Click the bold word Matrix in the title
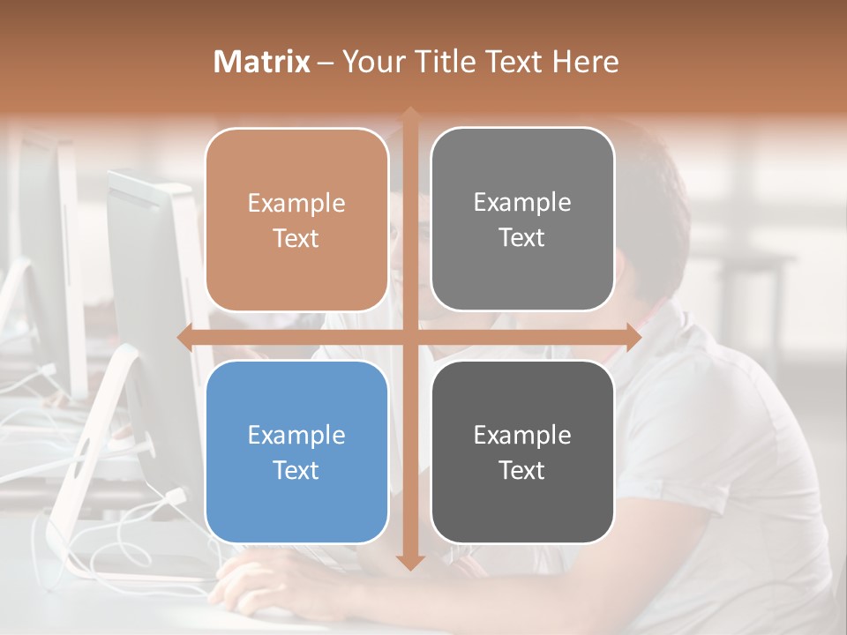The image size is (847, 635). tap(262, 62)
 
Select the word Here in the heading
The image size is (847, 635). tap(586, 62)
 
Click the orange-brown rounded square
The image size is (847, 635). tap(296, 220)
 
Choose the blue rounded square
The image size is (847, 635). tap(296, 452)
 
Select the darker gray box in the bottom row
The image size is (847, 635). tap(522, 452)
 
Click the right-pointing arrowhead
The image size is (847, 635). tap(633, 337)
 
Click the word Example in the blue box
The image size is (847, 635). tap(296, 435)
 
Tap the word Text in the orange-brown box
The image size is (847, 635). tap(296, 238)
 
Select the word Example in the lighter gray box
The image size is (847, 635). tap(522, 202)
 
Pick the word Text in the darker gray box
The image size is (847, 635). tap(522, 470)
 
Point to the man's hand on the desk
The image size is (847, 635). tap(256, 586)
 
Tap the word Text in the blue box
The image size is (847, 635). tap(296, 470)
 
